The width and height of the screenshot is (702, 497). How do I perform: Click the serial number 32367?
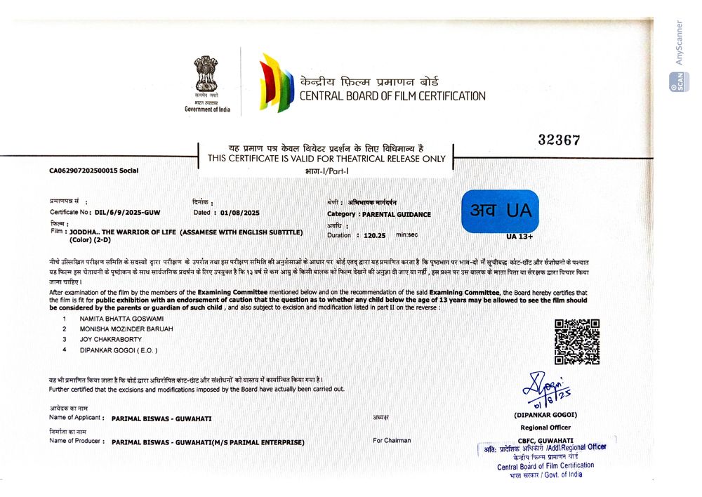[559, 140]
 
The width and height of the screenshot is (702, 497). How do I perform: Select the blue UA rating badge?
[500, 211]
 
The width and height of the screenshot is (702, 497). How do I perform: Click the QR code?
[577, 341]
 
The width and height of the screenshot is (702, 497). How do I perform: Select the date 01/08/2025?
[240, 212]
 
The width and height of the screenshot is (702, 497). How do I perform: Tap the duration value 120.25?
[376, 235]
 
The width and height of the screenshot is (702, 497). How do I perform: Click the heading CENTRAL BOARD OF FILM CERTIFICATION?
[392, 95]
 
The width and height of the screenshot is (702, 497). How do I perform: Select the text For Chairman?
[392, 441]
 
